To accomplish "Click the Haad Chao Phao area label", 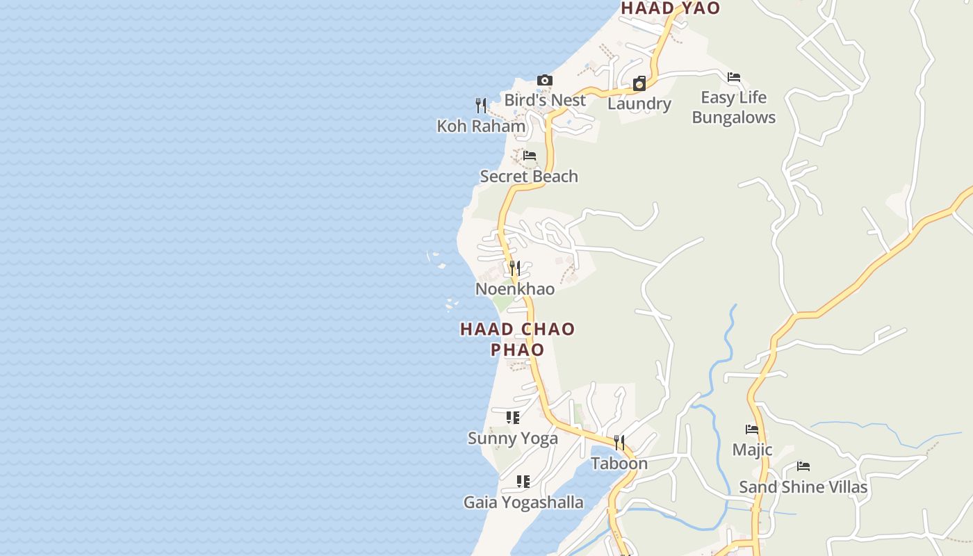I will point(518,338).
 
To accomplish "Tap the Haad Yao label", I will point(670,8).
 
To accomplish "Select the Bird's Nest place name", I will point(545,100).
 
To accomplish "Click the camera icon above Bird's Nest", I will point(545,81).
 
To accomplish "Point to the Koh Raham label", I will point(481,126).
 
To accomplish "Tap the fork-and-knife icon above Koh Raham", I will point(481,106).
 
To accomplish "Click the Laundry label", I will point(639,104).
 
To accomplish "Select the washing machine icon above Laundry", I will point(639,84).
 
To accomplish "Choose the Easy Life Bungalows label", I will point(734,107).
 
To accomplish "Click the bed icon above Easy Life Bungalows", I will point(734,77).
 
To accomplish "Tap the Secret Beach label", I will point(529,177).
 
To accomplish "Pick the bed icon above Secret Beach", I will point(530,156).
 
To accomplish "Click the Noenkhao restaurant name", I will point(515,289).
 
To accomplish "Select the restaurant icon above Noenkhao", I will point(515,268).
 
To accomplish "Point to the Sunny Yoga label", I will point(513,439).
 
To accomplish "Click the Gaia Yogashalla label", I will point(523,502).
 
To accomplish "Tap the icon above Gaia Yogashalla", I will point(523,482).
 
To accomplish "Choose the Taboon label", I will point(619,464).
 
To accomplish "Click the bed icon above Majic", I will point(752,430).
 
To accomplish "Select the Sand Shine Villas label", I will point(803,487).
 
